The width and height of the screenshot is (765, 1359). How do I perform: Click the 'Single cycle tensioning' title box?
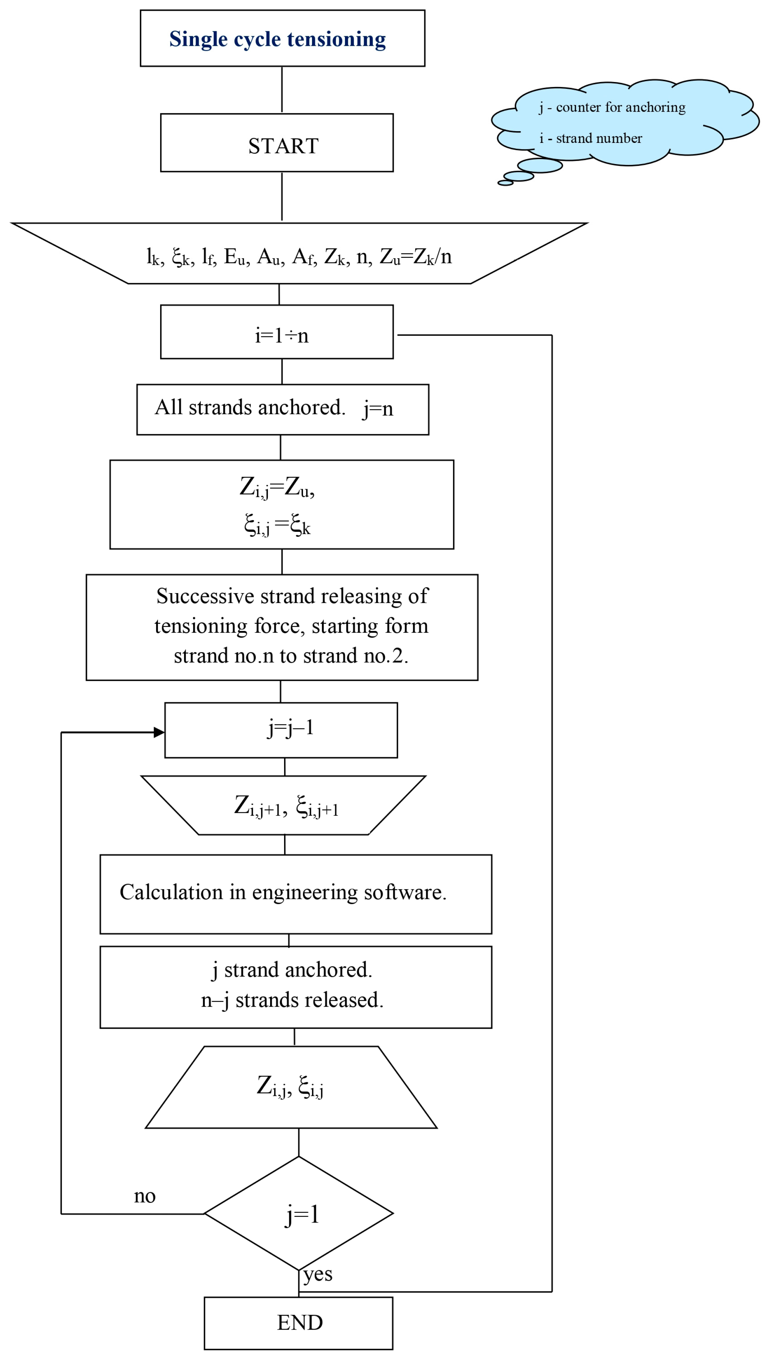pyautogui.click(x=282, y=39)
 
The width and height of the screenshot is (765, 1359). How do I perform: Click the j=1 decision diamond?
pyautogui.click(x=299, y=1214)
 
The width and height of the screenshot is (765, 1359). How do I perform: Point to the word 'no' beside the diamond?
pyautogui.click(x=144, y=1196)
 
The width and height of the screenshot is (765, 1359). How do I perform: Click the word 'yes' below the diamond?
pyautogui.click(x=318, y=1274)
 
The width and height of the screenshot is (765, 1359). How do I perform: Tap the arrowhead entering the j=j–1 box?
pyautogui.click(x=159, y=732)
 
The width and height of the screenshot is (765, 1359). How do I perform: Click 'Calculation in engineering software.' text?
pyautogui.click(x=283, y=892)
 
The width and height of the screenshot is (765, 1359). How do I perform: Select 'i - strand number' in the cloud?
pyautogui.click(x=590, y=139)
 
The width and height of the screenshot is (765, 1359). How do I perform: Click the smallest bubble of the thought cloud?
pyautogui.click(x=505, y=183)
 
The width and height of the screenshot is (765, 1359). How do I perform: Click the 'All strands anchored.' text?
pyautogui.click(x=250, y=408)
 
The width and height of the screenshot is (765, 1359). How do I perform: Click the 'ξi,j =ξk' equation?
pyautogui.click(x=277, y=525)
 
